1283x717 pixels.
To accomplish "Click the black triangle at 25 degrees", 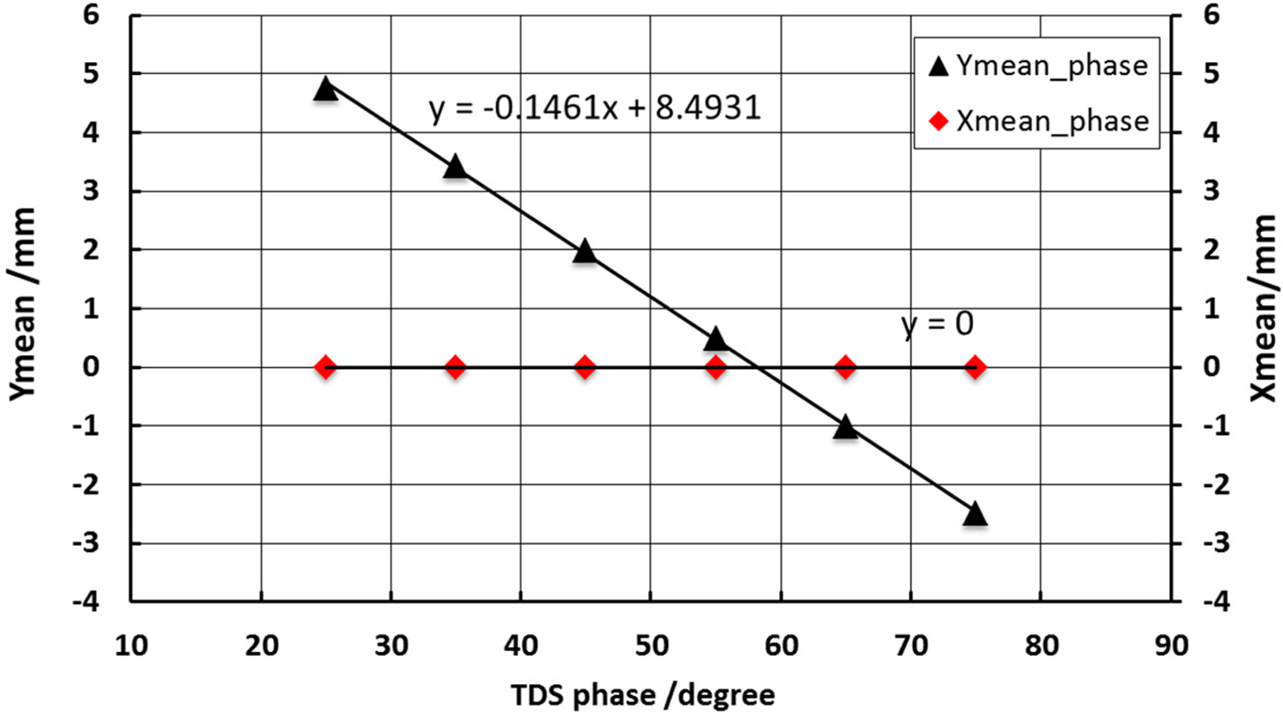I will click(x=325, y=89).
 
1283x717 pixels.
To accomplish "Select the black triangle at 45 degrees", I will click(x=585, y=252).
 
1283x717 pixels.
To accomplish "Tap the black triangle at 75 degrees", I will click(x=975, y=514).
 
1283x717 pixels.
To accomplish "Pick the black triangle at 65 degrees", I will click(x=845, y=428).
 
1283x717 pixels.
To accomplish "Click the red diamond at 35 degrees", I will click(x=455, y=367).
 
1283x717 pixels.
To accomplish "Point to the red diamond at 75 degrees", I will click(x=975, y=367).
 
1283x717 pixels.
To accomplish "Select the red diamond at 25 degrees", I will click(x=325, y=367).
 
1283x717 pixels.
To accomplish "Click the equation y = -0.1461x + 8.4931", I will click(x=596, y=109).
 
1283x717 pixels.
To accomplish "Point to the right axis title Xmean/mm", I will click(x=1264, y=309).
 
